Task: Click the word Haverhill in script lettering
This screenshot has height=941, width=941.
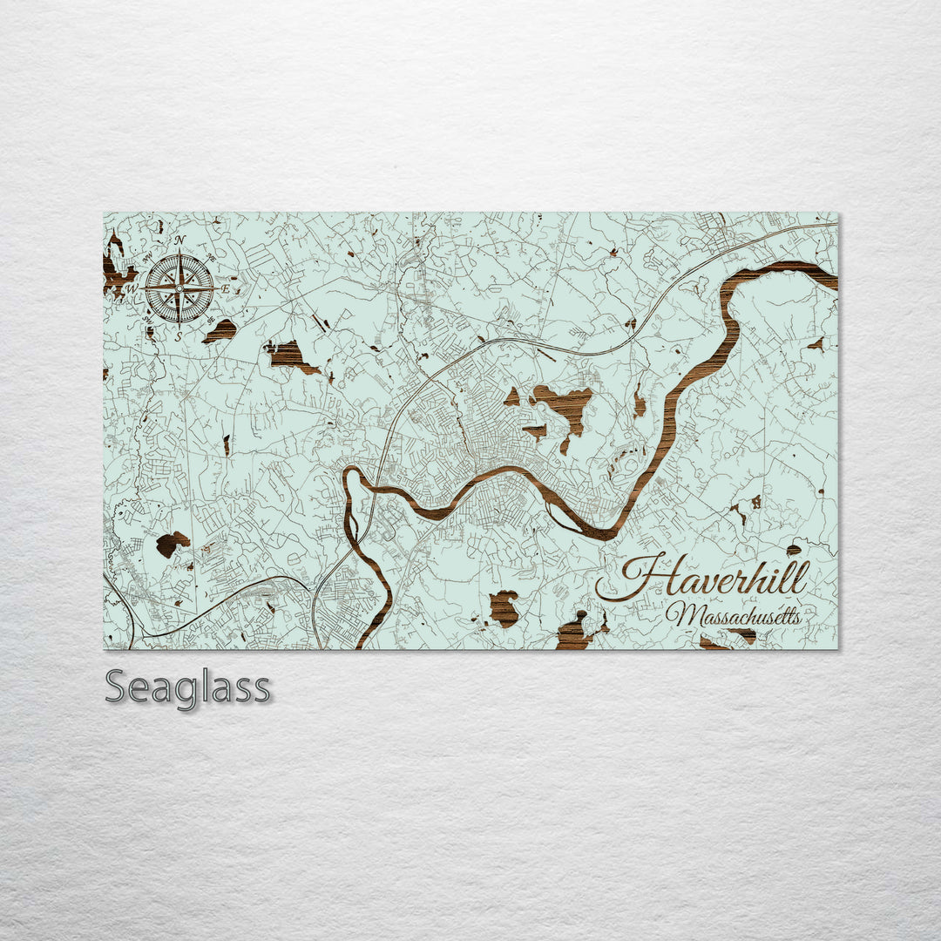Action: tap(714, 579)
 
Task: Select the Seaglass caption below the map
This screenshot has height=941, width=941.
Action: tap(187, 687)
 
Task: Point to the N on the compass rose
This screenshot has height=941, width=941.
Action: tap(179, 240)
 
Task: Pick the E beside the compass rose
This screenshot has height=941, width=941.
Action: tap(224, 288)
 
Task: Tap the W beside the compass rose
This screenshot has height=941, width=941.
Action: tap(132, 288)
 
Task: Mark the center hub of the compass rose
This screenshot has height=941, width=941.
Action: tap(179, 287)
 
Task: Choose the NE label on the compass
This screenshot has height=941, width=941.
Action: tap(210, 257)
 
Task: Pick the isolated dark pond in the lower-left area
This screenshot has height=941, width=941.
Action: tap(172, 544)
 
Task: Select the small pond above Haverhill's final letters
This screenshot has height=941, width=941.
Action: tap(793, 550)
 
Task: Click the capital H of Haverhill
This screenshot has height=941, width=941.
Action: tap(645, 578)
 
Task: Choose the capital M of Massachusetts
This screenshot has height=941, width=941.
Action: tap(680, 614)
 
